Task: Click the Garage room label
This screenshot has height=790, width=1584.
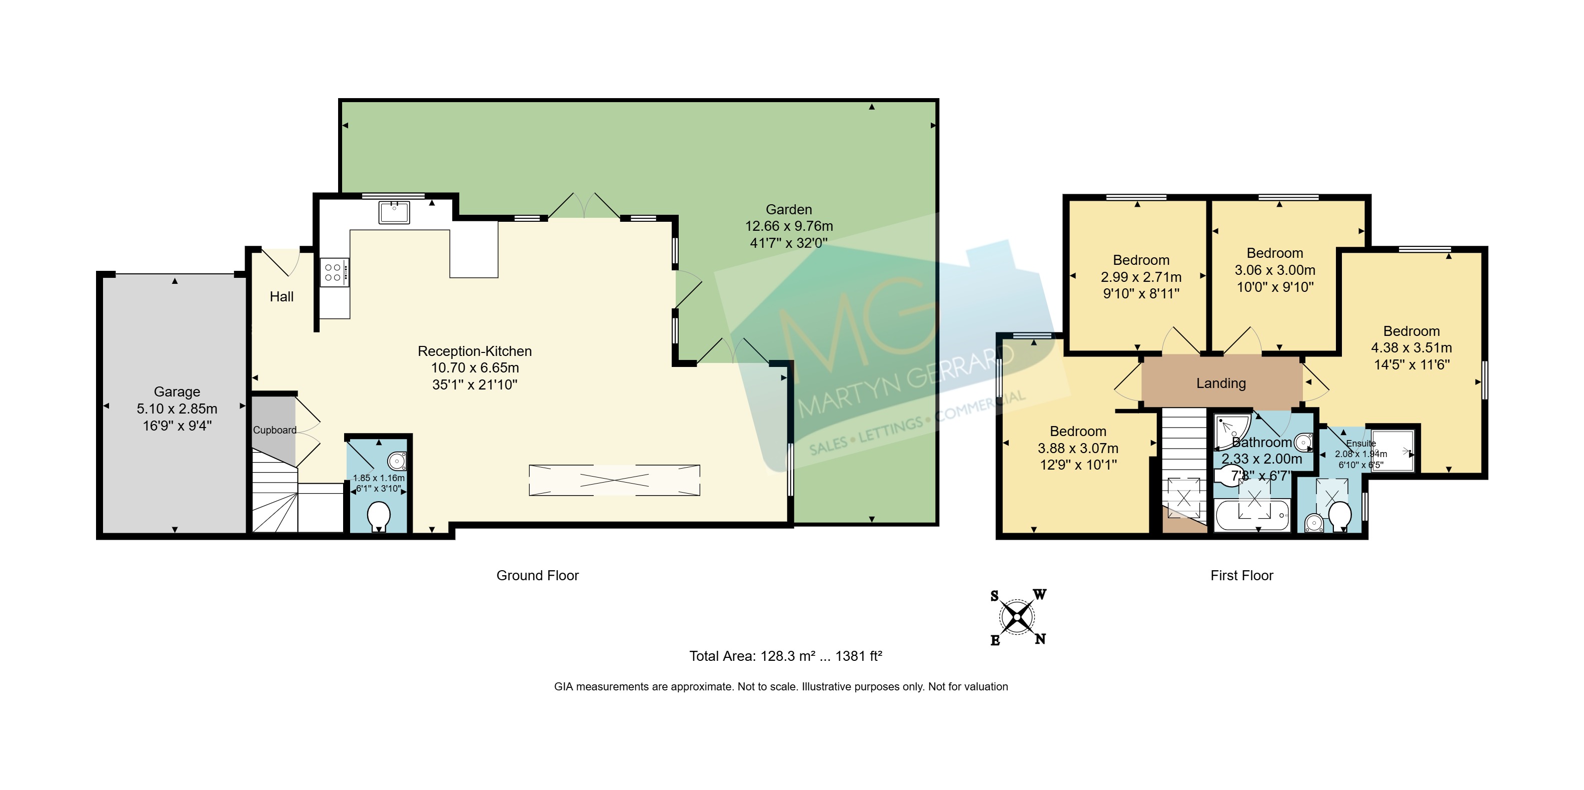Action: [177, 392]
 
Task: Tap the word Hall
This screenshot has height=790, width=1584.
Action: [282, 296]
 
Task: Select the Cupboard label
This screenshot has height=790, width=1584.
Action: [275, 430]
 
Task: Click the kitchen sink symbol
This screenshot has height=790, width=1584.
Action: [394, 212]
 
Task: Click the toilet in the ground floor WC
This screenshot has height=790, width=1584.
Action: [379, 517]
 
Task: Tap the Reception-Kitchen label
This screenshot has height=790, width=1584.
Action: [475, 351]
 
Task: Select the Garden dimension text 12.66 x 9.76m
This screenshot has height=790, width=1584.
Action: [789, 226]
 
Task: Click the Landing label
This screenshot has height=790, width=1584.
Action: [1221, 383]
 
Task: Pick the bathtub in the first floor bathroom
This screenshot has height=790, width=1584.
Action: [1252, 515]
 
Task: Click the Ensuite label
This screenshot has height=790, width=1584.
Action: [1361, 443]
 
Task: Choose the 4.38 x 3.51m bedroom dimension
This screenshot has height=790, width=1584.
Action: [1411, 347]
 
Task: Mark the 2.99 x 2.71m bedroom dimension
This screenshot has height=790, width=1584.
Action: [1141, 277]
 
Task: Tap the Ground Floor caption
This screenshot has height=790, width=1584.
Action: [538, 575]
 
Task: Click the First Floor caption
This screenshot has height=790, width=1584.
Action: [1241, 575]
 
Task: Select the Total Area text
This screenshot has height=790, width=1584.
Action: [786, 656]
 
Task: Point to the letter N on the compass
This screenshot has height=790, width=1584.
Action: [1040, 639]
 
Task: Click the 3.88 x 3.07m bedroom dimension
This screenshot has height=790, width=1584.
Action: [1078, 448]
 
